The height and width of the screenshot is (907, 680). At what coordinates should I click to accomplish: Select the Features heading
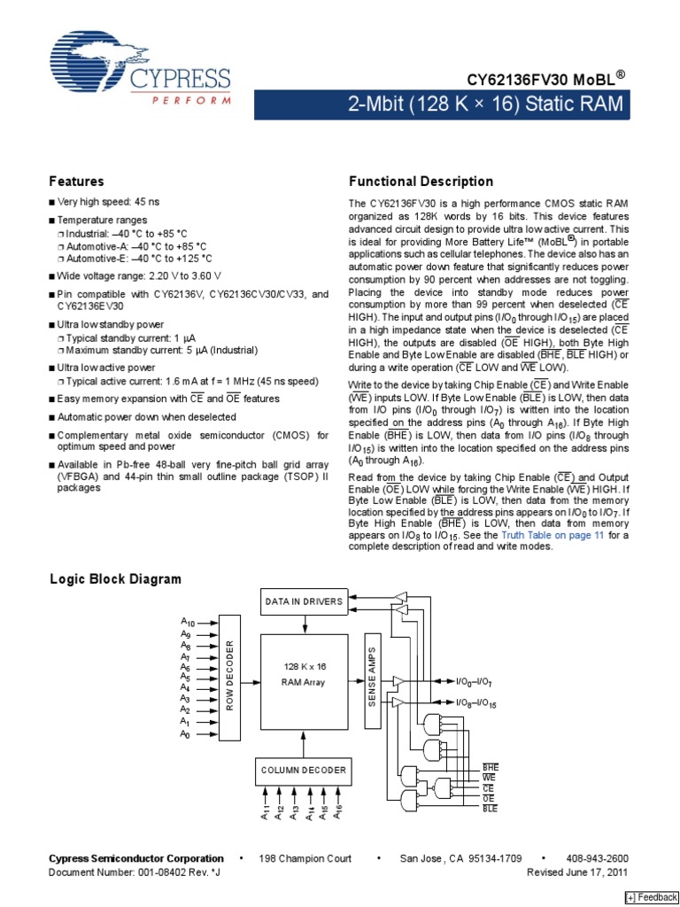[x=76, y=182]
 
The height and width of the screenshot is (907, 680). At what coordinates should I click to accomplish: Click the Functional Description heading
[x=421, y=182]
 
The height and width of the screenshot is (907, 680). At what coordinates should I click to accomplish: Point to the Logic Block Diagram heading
[x=114, y=579]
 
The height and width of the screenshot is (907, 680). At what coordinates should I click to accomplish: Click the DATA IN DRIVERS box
[x=304, y=602]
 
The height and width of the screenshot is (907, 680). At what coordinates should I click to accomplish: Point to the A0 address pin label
[x=185, y=734]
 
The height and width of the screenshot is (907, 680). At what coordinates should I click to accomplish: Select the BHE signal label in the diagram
[x=491, y=766]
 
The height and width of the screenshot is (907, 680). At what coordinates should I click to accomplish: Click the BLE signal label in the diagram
[x=491, y=809]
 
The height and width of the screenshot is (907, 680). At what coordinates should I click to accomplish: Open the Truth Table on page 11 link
[x=552, y=535]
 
